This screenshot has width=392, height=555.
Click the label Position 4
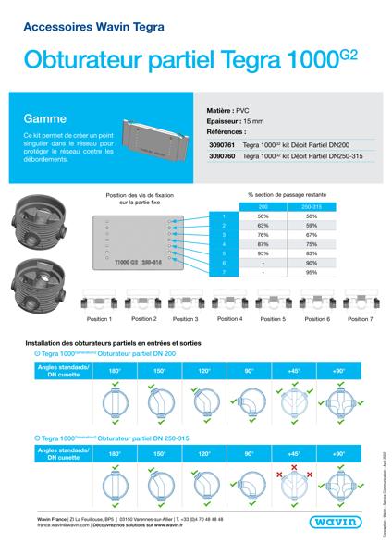pos(228,319)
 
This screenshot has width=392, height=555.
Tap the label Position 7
pos(359,319)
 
